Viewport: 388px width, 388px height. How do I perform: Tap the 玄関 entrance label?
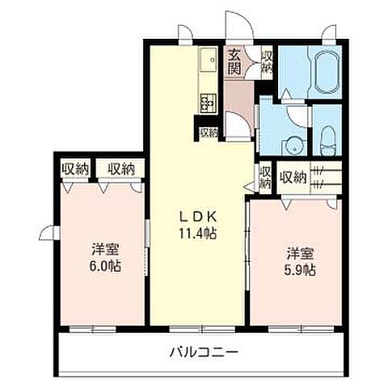click(234, 63)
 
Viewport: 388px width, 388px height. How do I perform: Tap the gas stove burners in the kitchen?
click(208, 103)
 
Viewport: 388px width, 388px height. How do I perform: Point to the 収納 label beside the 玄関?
click(268, 62)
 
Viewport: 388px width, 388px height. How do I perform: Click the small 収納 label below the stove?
click(209, 133)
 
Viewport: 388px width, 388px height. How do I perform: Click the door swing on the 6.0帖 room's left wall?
click(50, 235)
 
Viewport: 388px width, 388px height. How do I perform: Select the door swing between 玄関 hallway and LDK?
click(236, 124)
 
